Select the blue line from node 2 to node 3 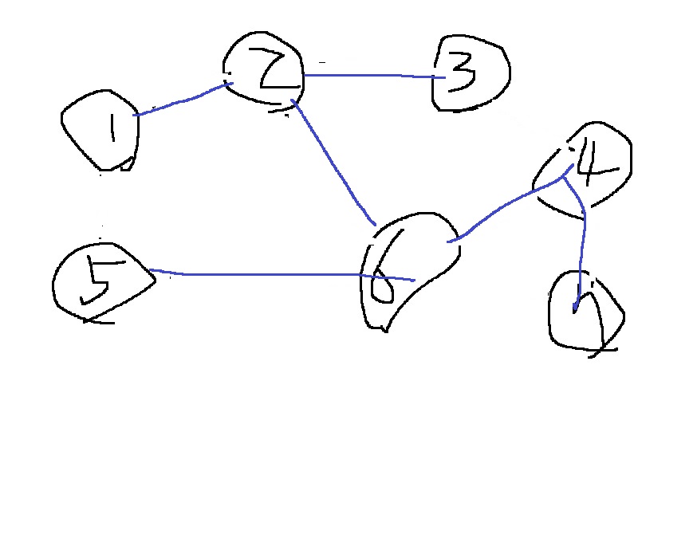coord(371,76)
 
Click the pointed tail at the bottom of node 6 coord(385,328)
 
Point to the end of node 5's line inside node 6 coord(414,280)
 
